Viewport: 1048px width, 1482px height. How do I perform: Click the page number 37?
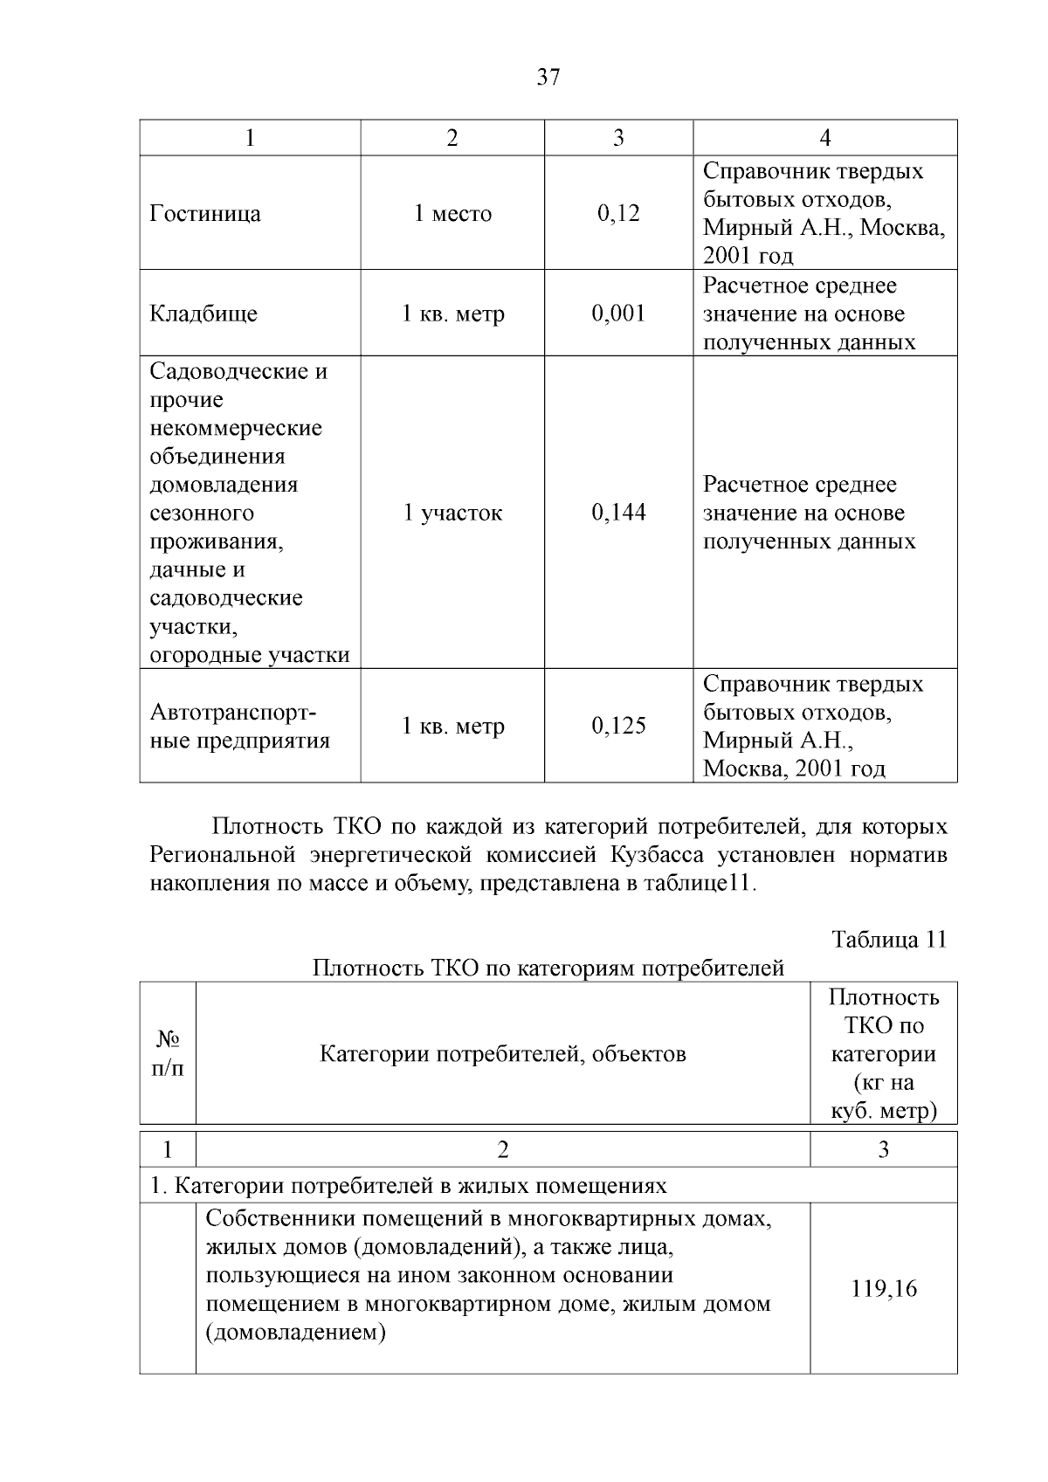(548, 78)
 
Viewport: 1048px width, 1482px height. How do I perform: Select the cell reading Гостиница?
(205, 214)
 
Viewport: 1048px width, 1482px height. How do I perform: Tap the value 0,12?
(618, 214)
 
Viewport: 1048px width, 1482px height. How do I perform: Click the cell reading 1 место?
(452, 214)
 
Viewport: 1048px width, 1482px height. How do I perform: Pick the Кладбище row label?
(203, 314)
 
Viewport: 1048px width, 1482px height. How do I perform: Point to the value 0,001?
(618, 314)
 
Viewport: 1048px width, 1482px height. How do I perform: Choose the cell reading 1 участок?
(452, 513)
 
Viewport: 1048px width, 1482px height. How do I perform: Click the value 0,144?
(618, 513)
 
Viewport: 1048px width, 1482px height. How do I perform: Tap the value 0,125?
(618, 726)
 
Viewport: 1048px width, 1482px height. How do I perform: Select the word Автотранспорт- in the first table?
(233, 713)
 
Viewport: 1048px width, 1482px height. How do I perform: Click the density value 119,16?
(884, 1289)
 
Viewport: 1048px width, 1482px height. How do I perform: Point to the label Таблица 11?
(889, 940)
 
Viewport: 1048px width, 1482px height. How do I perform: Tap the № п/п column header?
(168, 1053)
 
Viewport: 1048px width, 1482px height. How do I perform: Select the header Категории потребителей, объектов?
(503, 1054)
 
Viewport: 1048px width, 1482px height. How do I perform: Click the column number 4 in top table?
(824, 138)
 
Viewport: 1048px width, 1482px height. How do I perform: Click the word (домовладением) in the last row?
(296, 1333)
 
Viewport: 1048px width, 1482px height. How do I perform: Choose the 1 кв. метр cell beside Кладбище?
(452, 314)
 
